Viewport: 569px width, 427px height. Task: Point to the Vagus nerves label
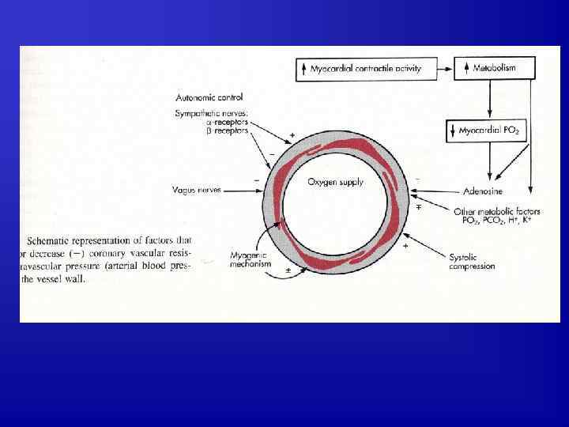click(198, 190)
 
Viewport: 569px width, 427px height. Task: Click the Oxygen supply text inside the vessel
click(335, 182)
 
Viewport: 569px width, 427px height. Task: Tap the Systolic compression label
click(472, 262)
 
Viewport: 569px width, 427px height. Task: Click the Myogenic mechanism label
click(251, 259)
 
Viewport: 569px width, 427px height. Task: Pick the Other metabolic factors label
click(496, 211)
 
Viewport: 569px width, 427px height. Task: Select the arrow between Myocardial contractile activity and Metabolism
click(441, 68)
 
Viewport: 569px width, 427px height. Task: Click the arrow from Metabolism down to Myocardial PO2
click(491, 99)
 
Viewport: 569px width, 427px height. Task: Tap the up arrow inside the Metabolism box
click(466, 69)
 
